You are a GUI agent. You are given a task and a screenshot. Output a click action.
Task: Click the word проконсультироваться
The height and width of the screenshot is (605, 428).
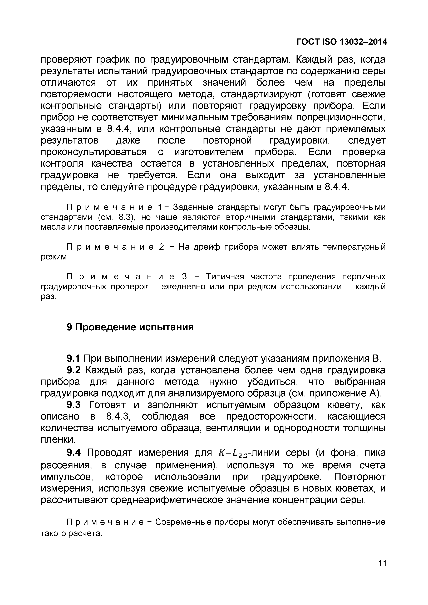(x=94, y=152)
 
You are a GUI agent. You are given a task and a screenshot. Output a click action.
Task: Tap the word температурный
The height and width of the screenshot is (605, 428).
(x=354, y=247)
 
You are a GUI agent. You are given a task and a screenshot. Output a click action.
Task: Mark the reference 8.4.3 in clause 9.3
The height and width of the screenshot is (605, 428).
(x=117, y=416)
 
